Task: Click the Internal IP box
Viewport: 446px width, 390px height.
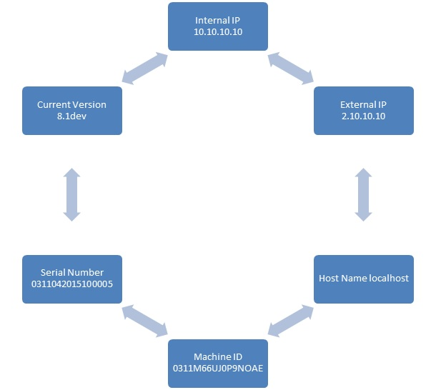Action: pos(218,26)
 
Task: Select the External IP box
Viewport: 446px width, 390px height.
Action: pos(364,110)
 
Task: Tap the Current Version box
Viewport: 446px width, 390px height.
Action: pos(71,110)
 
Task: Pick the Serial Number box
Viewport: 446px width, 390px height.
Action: pos(71,279)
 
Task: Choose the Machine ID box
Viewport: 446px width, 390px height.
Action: pos(218,363)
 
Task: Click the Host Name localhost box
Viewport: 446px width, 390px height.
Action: pos(364,279)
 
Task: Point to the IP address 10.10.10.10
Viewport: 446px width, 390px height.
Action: pos(218,32)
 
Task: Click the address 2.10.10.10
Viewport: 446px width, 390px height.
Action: pos(364,116)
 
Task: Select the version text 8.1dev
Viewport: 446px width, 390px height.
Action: pos(71,116)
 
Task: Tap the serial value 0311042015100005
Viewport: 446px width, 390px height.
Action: pos(71,284)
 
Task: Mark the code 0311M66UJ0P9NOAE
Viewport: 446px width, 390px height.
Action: pos(218,369)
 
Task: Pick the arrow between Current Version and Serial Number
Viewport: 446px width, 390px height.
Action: pos(71,194)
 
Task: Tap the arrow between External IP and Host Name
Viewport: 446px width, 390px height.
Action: pos(364,194)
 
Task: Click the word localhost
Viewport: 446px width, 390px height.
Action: pos(387,279)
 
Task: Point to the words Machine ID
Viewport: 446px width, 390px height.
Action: pos(218,357)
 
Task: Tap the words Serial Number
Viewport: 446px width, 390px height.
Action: pos(71,273)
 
